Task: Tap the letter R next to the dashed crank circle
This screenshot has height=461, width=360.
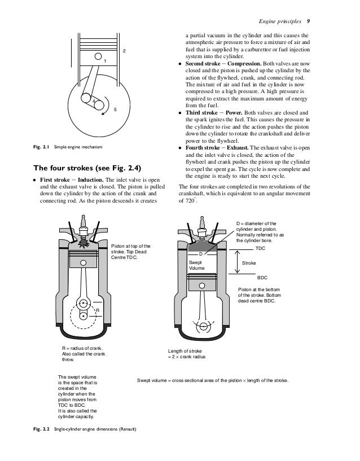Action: pos(97,310)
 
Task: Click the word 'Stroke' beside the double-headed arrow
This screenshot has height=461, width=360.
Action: pos(249,263)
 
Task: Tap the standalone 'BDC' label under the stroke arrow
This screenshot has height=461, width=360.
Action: pos(262,278)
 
